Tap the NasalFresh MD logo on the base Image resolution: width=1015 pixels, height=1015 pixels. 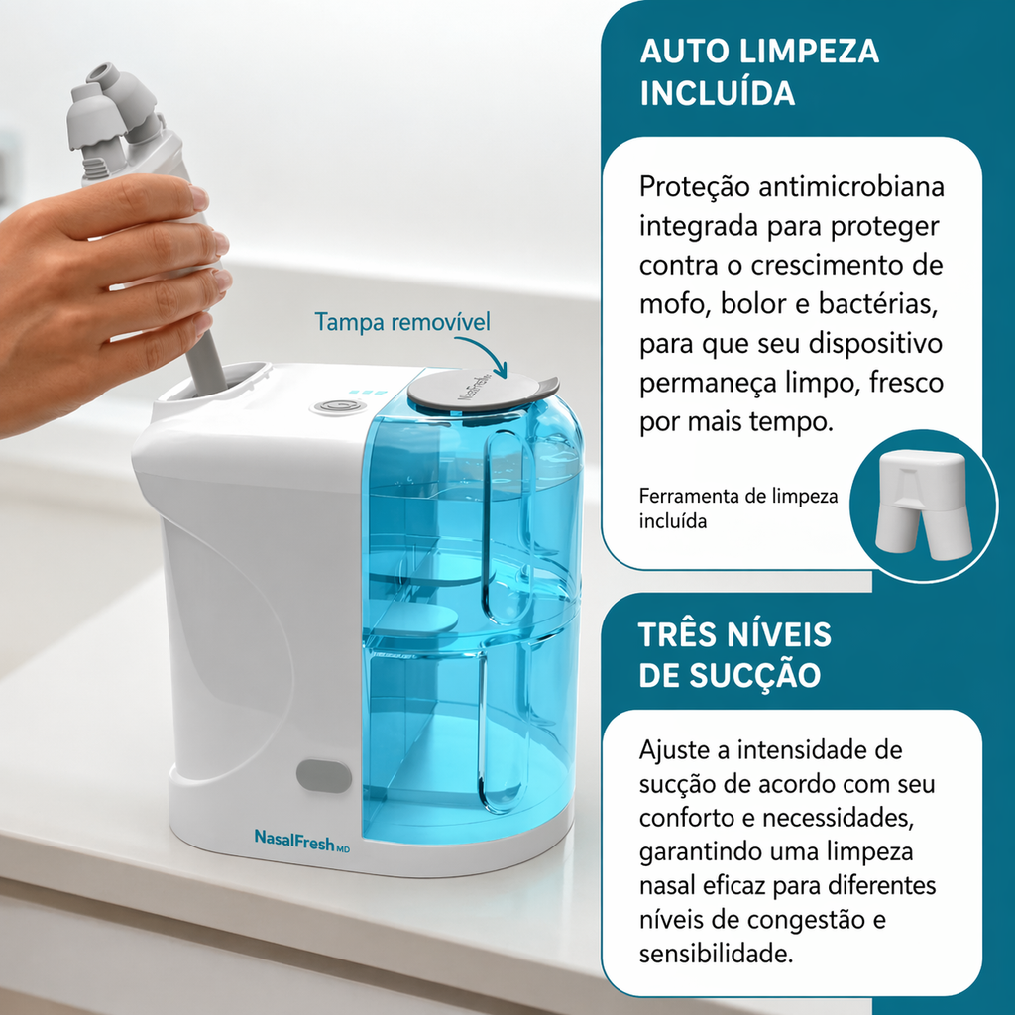(301, 840)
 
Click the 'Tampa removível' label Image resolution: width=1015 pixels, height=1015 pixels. (402, 322)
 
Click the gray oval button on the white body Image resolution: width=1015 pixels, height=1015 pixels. (324, 776)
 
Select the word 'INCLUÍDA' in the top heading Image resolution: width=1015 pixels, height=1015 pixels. (718, 93)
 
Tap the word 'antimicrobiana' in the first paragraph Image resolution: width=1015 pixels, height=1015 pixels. (851, 187)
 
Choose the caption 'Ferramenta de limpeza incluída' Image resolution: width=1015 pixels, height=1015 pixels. (738, 508)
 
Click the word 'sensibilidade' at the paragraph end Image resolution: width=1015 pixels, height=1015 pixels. (716, 954)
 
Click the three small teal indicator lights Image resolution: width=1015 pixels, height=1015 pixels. (367, 392)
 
